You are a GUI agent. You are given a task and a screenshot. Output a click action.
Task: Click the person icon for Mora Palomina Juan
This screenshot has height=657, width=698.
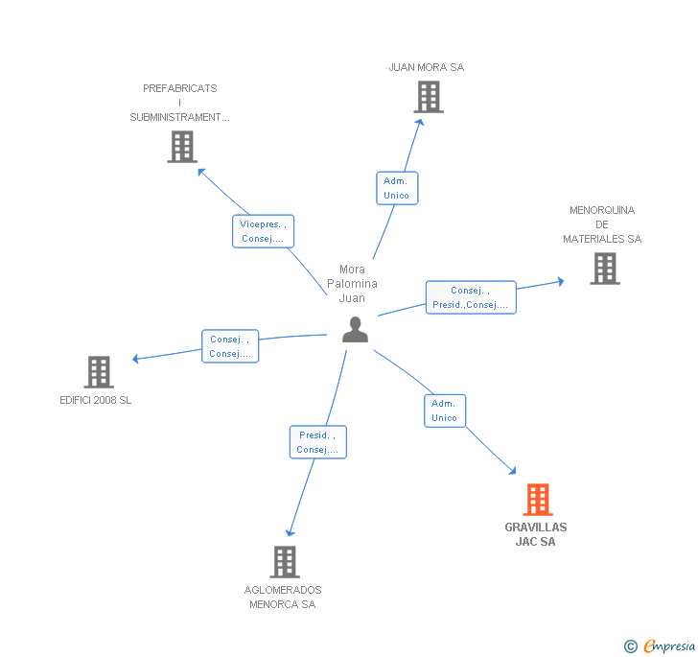click(355, 330)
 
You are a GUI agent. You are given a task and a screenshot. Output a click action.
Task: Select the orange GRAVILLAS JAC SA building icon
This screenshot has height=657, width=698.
click(538, 500)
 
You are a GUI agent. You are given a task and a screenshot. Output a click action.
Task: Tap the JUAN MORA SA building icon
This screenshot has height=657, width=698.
click(428, 97)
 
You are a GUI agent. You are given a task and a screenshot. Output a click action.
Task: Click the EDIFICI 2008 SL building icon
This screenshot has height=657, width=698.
click(99, 372)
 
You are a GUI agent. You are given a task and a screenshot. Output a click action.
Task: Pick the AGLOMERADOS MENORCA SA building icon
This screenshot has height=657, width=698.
click(285, 562)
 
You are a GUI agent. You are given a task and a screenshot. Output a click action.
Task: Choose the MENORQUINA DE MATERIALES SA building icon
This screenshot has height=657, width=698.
click(604, 269)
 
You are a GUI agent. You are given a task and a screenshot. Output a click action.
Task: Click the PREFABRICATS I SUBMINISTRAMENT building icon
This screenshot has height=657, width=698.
click(181, 147)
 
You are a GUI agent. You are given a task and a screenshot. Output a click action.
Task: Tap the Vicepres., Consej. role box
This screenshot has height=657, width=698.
click(263, 231)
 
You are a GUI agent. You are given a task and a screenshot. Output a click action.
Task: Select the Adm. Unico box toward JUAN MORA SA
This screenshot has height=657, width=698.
click(396, 188)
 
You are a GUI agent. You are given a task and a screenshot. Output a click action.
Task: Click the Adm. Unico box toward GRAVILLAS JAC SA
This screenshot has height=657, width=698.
click(444, 411)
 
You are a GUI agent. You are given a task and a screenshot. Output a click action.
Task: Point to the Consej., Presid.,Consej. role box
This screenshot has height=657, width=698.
click(471, 297)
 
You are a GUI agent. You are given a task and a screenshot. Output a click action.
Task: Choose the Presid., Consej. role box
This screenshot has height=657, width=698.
click(317, 442)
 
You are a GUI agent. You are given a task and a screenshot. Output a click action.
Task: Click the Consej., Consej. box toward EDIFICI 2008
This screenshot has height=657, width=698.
click(230, 346)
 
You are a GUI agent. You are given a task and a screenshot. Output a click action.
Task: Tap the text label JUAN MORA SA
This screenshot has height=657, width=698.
click(427, 67)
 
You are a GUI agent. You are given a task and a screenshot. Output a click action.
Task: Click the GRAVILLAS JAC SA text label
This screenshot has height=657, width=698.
click(536, 534)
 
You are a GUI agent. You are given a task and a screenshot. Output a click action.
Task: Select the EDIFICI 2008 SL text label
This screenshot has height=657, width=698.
click(96, 400)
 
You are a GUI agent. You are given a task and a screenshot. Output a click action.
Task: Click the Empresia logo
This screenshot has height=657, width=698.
click(662, 646)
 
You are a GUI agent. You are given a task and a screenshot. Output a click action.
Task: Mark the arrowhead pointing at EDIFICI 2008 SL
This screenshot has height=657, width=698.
click(136, 359)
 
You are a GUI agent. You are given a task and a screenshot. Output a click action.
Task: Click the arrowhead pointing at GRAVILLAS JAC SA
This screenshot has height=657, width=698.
click(512, 471)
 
